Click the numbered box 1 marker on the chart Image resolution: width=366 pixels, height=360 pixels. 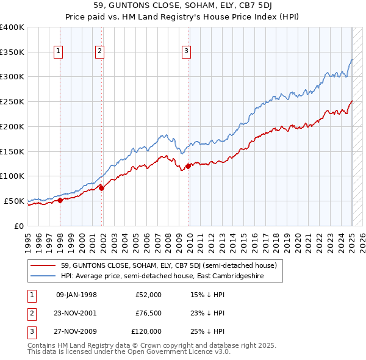58,52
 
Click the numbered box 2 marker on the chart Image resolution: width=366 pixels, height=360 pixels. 99,52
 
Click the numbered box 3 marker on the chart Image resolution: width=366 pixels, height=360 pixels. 185,52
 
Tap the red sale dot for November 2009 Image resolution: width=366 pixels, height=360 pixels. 188,165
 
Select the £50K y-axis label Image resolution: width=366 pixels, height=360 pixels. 14,201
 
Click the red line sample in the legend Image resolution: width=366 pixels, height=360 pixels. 43,265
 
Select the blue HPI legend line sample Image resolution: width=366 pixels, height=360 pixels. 43,276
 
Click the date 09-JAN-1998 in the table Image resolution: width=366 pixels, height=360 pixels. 76,295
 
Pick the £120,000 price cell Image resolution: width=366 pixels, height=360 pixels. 146,331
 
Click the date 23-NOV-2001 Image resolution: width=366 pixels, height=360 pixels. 76,313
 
